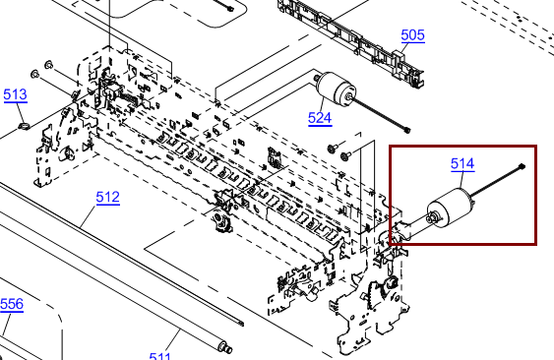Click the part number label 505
(412, 35)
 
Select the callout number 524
(320, 118)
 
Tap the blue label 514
(462, 163)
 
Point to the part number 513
(15, 94)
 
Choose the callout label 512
(108, 197)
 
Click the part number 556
(12, 304)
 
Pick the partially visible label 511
(160, 355)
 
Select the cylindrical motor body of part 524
(337, 88)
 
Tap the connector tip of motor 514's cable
(523, 166)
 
